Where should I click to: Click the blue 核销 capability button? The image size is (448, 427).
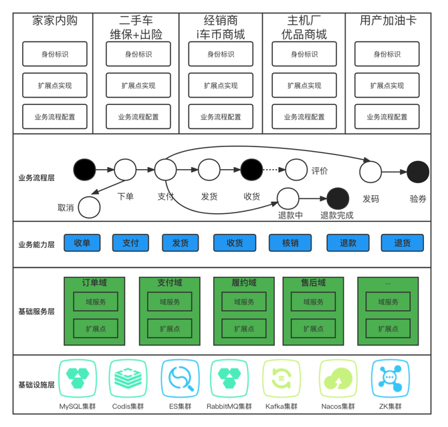[291, 243]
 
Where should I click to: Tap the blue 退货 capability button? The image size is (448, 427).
[403, 243]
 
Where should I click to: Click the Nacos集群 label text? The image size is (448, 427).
[338, 406]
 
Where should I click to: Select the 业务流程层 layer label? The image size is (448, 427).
[36, 178]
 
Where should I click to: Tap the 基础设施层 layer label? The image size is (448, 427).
[36, 385]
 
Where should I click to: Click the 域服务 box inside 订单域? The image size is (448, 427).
[95, 302]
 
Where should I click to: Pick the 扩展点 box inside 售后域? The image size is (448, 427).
[314, 329]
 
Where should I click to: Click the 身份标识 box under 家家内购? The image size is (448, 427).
[55, 54]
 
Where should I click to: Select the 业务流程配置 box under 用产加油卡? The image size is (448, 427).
[386, 117]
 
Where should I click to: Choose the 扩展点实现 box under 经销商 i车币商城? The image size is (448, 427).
[221, 86]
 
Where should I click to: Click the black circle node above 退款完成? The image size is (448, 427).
[338, 198]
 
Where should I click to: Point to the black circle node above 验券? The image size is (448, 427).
[418, 172]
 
